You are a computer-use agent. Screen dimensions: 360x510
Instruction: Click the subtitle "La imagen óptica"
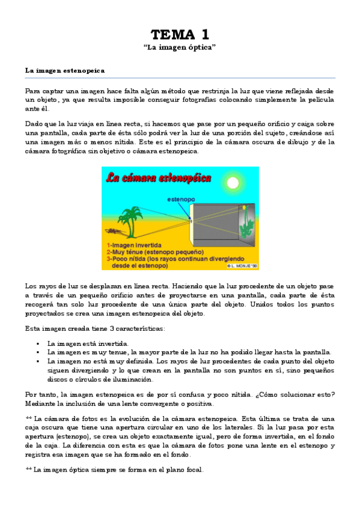(x=180, y=47)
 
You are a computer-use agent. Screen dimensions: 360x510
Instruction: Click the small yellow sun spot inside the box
(x=245, y=207)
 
